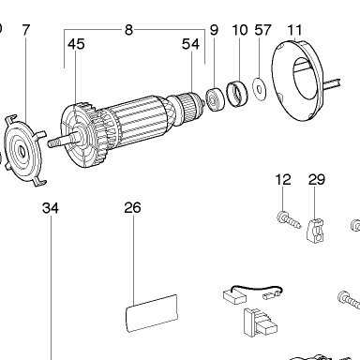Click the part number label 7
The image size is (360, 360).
(x=26, y=30)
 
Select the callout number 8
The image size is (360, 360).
(x=128, y=30)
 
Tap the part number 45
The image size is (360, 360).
(x=76, y=44)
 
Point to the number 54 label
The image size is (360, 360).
(x=190, y=44)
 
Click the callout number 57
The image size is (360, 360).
(x=262, y=30)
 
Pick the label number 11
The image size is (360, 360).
(x=294, y=30)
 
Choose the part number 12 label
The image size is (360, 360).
(x=283, y=180)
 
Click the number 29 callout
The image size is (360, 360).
(x=317, y=180)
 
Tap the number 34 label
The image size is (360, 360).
(x=51, y=208)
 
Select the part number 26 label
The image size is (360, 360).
(x=132, y=208)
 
